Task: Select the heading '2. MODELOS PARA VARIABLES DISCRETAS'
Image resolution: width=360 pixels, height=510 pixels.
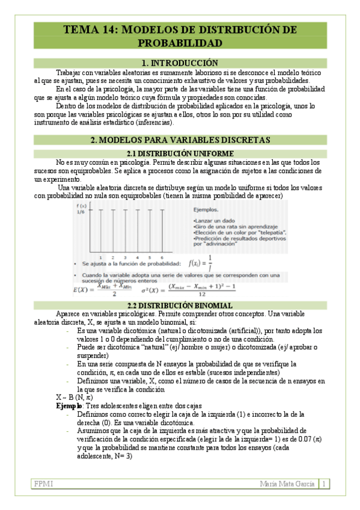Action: point(180,140)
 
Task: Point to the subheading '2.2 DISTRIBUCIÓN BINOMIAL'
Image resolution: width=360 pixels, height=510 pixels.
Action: point(180,306)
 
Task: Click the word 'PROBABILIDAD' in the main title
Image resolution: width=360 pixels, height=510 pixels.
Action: point(180,43)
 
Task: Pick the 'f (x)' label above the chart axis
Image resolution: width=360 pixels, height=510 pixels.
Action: point(81,206)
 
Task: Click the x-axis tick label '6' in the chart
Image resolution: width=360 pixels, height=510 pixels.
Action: point(162,241)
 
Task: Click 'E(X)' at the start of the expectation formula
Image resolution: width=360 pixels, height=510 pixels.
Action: point(82,289)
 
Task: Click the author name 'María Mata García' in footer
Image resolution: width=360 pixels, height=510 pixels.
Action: point(285,484)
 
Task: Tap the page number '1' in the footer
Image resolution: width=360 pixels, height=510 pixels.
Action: point(324,484)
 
